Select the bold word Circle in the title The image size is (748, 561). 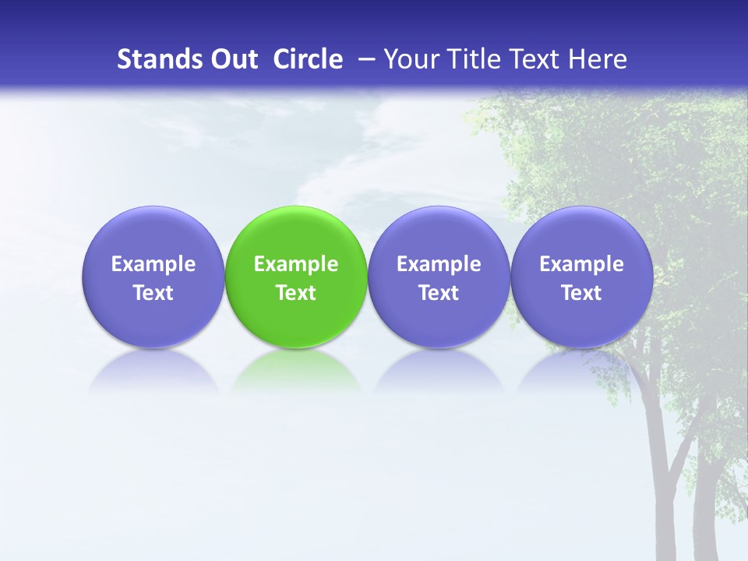pos(308,59)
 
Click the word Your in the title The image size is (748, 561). pos(408,59)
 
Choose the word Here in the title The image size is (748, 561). pos(597,59)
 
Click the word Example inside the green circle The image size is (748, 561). pos(296,264)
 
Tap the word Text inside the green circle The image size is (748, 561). pos(296,293)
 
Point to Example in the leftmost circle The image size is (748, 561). pos(153,264)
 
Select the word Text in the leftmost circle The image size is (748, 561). pos(153,293)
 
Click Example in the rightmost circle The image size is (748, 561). pos(581,264)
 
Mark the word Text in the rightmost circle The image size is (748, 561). pos(581,293)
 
